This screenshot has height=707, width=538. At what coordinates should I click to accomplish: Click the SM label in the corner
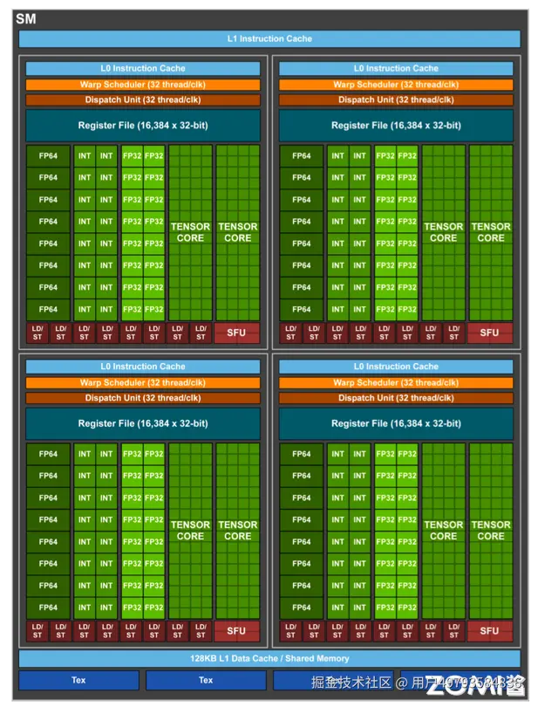25,18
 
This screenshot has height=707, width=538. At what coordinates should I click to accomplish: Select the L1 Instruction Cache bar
269,38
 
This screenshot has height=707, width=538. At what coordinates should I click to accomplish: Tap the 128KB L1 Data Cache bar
269,658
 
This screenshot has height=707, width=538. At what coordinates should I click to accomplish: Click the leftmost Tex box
78,680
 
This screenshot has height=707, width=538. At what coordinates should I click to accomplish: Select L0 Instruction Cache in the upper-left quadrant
142,68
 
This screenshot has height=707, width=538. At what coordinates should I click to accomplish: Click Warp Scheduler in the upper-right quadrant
396,85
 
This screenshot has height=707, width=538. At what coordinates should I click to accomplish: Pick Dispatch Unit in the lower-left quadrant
142,398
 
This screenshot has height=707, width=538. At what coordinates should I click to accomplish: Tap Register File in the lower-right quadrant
396,423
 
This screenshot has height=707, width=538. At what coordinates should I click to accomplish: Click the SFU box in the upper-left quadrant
236,333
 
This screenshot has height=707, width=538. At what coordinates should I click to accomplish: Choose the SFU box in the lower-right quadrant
489,630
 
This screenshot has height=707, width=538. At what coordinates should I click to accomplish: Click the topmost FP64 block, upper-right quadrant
302,156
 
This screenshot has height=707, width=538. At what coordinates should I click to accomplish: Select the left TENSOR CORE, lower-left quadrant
190,531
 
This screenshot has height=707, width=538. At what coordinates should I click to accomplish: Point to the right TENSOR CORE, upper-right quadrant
491,232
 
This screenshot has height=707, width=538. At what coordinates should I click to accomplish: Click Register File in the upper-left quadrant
142,126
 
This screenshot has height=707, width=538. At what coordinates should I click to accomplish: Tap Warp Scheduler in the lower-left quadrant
142,382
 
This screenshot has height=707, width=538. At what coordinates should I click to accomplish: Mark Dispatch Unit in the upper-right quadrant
396,100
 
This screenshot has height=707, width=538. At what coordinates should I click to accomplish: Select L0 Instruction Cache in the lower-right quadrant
396,367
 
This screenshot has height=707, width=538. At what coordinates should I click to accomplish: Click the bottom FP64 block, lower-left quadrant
48,607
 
